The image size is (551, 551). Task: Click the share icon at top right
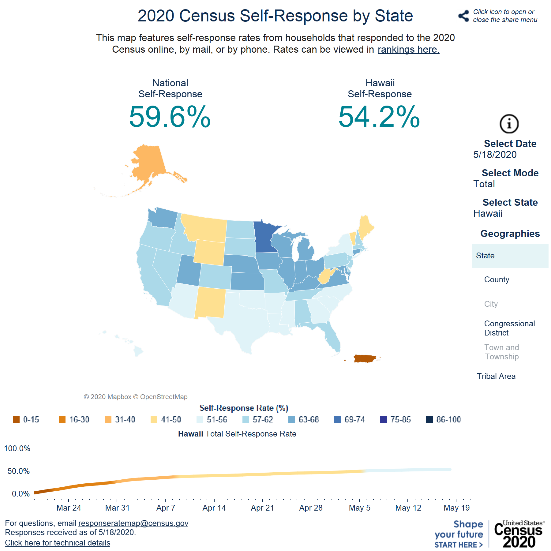point(464,16)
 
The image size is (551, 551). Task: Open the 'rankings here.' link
point(408,50)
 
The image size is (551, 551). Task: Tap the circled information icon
point(509,124)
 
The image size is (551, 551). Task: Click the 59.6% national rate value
point(170,117)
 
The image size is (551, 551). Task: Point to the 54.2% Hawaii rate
point(379,117)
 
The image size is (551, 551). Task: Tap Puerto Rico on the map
point(364,358)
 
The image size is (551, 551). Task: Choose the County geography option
point(497,279)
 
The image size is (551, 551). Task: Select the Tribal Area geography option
point(496,376)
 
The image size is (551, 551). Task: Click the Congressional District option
point(509,328)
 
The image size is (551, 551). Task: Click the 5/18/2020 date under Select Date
point(495,155)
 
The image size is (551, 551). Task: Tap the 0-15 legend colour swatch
point(16,420)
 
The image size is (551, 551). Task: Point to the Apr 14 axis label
point(214,508)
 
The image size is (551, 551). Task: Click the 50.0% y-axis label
point(18,471)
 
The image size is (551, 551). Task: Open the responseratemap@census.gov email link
point(133,523)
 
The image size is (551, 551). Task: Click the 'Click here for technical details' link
point(58,543)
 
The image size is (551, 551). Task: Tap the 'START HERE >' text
point(458,545)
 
